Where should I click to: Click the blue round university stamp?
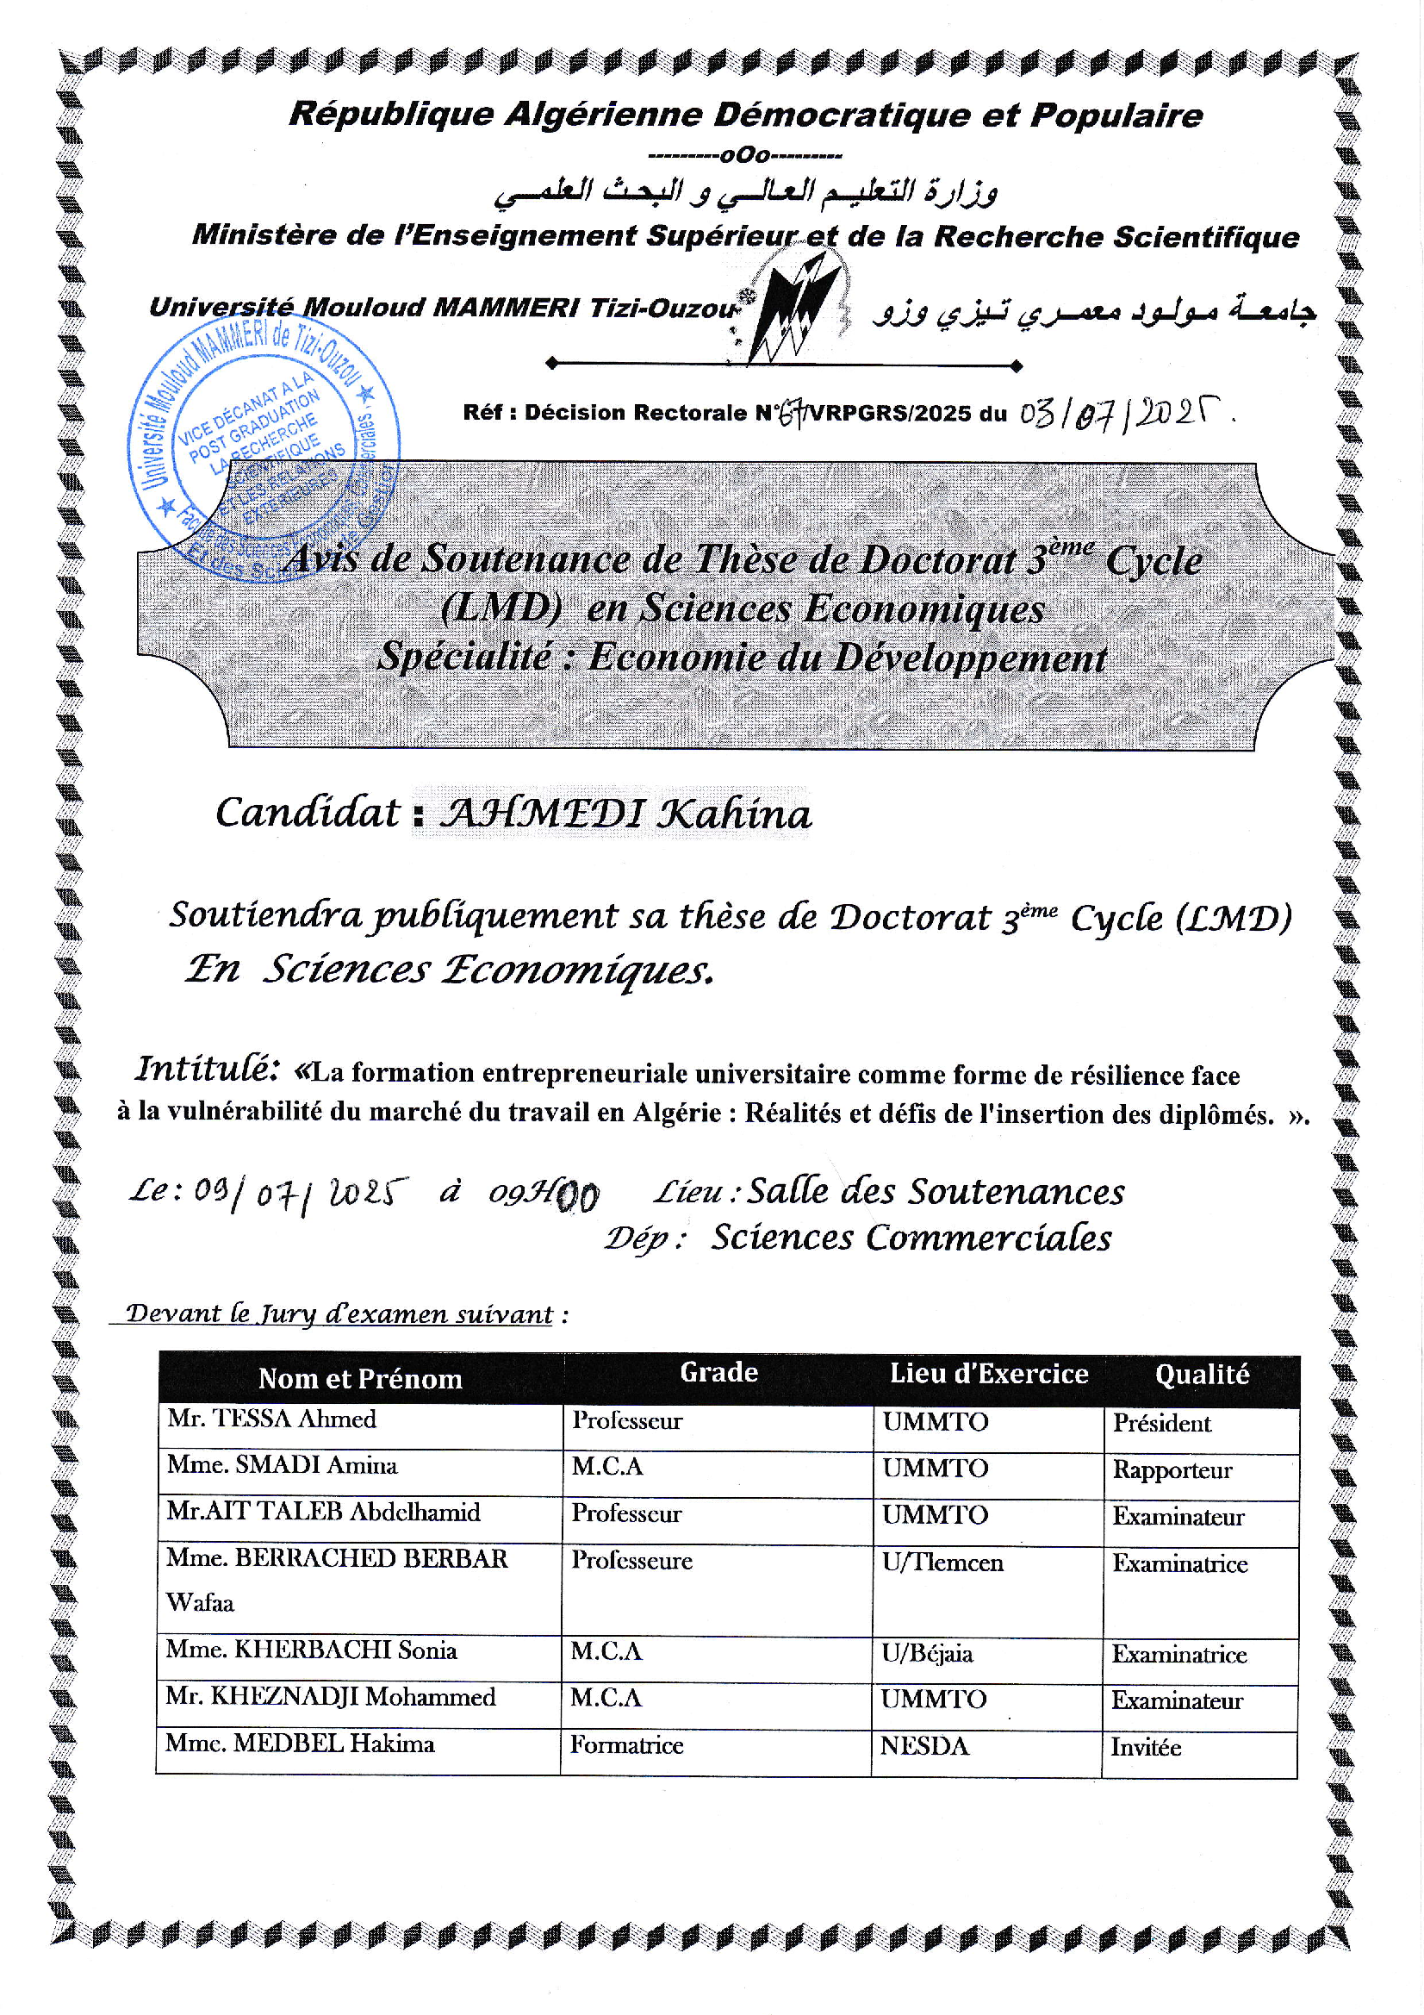[x=264, y=447]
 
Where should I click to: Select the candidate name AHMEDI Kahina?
[x=625, y=814]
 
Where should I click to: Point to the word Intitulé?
[x=207, y=1069]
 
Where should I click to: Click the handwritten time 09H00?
[x=544, y=1195]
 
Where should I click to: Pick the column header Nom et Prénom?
[x=360, y=1379]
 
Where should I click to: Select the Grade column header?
[x=718, y=1373]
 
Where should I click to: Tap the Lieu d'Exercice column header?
[x=989, y=1374]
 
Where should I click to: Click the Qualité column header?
[x=1201, y=1375]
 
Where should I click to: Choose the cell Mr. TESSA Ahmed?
[x=272, y=1419]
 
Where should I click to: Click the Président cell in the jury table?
[x=1161, y=1424]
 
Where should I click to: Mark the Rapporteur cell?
[x=1172, y=1470]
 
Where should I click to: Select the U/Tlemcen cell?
[x=942, y=1563]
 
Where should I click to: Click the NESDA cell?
[x=924, y=1746]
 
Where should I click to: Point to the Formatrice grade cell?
[x=626, y=1744]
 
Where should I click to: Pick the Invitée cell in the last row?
[x=1146, y=1747]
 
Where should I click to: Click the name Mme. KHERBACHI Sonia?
[x=312, y=1650]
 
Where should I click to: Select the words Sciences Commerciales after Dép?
[x=911, y=1238]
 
